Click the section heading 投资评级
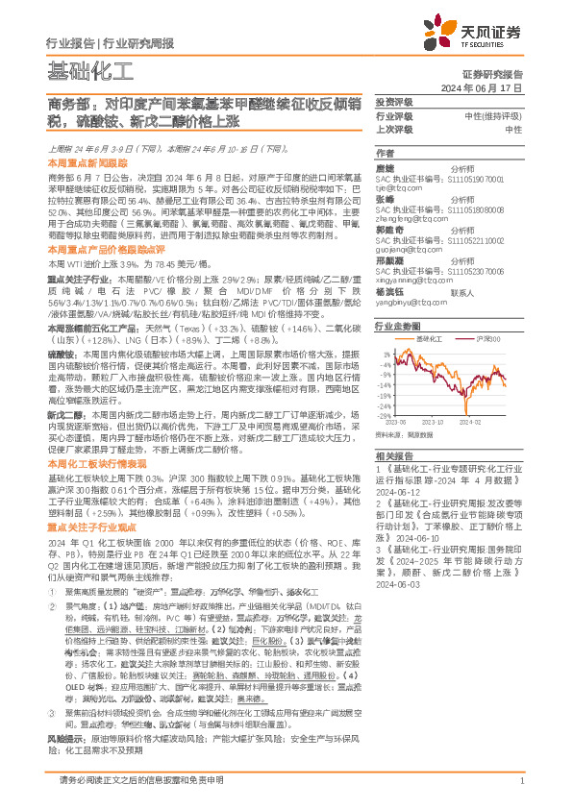coord(394,102)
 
